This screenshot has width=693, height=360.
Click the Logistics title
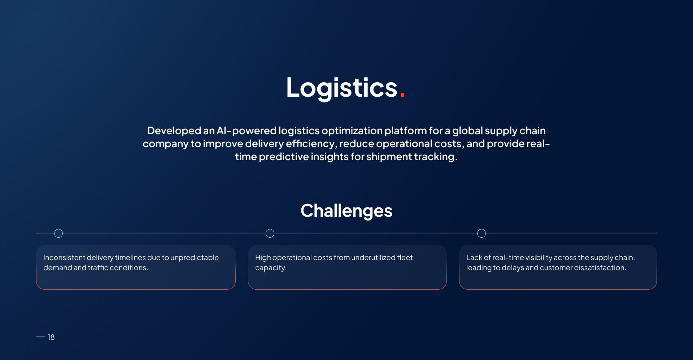pyautogui.click(x=342, y=88)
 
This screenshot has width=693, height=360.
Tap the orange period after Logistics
pyautogui.click(x=402, y=95)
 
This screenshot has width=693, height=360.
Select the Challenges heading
pyautogui.click(x=346, y=211)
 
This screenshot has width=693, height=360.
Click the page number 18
pyautogui.click(x=51, y=337)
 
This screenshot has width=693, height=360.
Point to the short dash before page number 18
pyautogui.click(x=40, y=337)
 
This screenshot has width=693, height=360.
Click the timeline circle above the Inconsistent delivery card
pyautogui.click(x=58, y=233)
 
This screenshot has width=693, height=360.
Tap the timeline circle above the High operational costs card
pyautogui.click(x=270, y=233)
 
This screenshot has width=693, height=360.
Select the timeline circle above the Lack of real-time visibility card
pyautogui.click(x=481, y=233)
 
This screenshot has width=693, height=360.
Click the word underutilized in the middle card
pyautogui.click(x=373, y=258)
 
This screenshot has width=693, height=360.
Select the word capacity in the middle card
pyautogui.click(x=270, y=268)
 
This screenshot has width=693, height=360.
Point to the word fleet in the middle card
pyautogui.click(x=405, y=258)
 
